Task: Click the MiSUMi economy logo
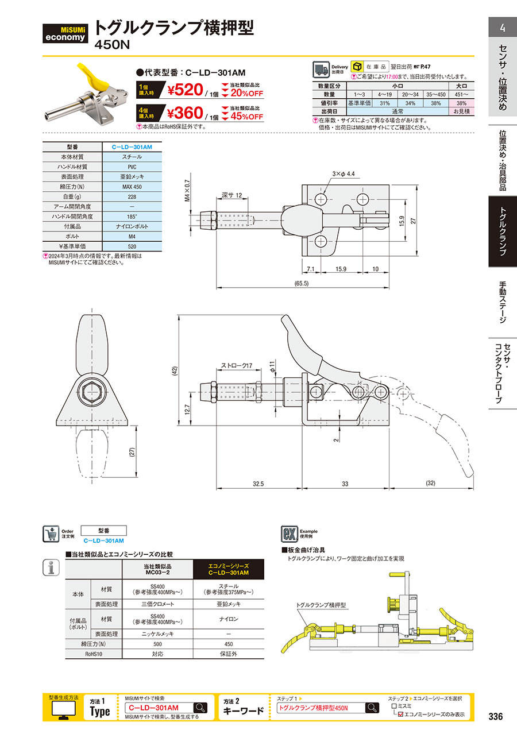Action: coord(65,33)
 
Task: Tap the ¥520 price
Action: coord(185,90)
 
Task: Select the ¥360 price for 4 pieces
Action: coord(185,113)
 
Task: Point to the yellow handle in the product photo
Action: coord(93,78)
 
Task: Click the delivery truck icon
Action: coord(321,69)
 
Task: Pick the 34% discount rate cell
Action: coord(410,103)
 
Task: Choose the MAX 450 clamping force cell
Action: coord(132,187)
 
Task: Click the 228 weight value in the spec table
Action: coord(132,197)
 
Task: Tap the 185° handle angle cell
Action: coord(132,217)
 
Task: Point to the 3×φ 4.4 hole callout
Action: coord(344,174)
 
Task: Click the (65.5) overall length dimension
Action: coord(301,283)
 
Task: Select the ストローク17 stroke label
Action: coord(237,365)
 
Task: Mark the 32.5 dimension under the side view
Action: coord(258,484)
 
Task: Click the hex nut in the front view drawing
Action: coord(92,391)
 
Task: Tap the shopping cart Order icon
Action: coord(51,534)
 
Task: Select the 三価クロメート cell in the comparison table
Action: coord(157,604)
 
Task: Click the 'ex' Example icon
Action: coord(290,534)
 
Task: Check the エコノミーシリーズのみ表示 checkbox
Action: coord(400,714)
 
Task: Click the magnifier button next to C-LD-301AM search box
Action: coord(200,708)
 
